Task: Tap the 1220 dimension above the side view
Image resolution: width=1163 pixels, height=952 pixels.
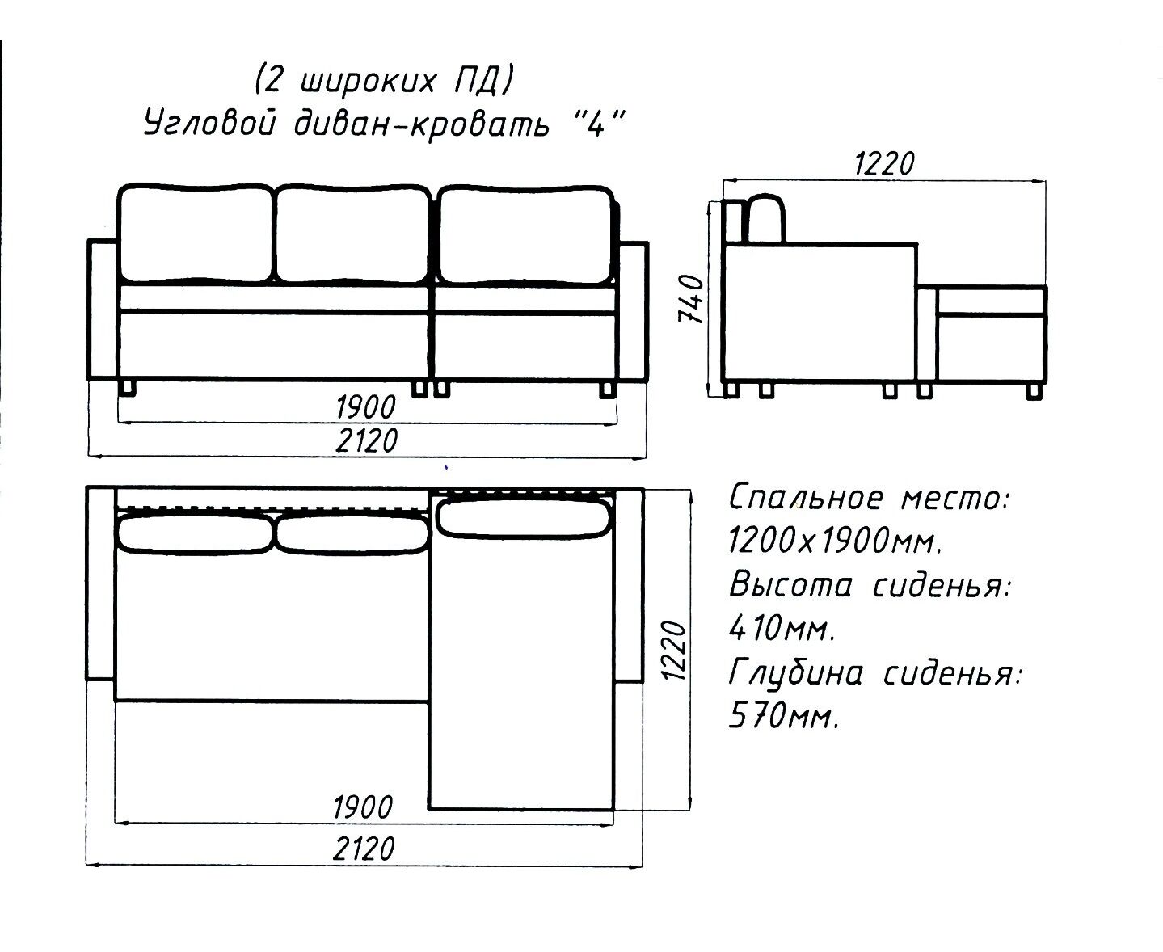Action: tap(884, 163)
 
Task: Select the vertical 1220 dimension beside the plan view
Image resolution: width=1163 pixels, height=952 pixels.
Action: tap(673, 651)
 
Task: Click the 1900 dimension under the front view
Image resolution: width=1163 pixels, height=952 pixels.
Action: tap(365, 407)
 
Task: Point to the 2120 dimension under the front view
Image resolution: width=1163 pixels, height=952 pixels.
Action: tap(366, 440)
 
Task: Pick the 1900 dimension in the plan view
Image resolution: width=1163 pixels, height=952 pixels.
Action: tap(362, 807)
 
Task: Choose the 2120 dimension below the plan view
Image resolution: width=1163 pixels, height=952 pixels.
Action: tap(364, 849)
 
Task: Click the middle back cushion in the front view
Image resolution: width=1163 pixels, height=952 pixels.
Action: tap(352, 234)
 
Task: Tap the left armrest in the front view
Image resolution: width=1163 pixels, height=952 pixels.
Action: tap(103, 310)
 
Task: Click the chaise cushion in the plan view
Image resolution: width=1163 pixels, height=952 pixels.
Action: tap(524, 518)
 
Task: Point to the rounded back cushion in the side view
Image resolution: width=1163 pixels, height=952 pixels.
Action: tap(766, 219)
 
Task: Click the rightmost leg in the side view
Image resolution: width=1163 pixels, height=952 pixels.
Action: tap(1034, 391)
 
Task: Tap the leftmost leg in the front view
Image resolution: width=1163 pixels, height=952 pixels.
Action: tap(128, 388)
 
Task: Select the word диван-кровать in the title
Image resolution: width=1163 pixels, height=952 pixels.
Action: tap(422, 124)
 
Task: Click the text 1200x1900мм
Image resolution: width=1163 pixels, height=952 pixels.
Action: tap(836, 540)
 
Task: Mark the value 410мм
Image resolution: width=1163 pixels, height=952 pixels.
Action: tap(782, 628)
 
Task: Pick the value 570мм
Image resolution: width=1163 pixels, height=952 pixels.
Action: tap(783, 716)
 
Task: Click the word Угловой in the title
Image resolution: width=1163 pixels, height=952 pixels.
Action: tap(209, 123)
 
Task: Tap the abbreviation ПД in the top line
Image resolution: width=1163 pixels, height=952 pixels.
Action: tap(477, 81)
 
